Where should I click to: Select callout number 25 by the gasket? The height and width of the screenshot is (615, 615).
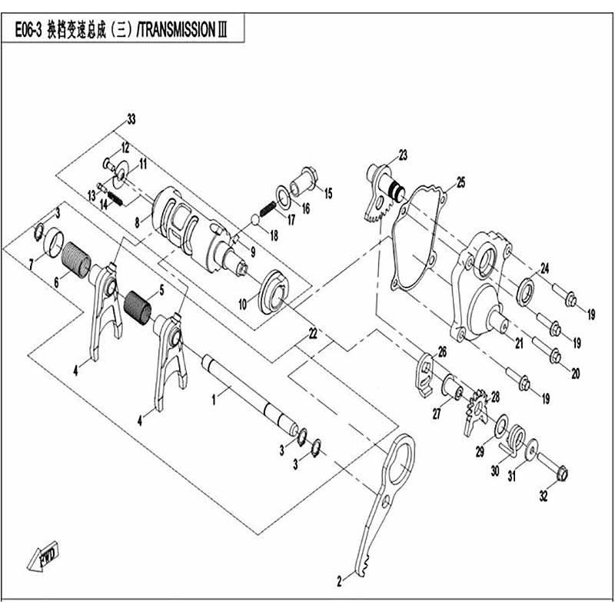[460, 182]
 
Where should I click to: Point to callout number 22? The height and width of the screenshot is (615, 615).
[313, 333]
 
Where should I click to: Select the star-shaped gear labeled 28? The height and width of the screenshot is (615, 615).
[477, 407]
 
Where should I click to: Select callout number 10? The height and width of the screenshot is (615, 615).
[243, 305]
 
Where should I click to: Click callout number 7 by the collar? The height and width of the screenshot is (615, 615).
[31, 264]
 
